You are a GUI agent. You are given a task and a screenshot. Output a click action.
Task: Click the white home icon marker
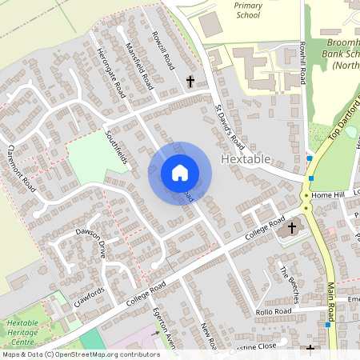pyautogui.click(x=180, y=172)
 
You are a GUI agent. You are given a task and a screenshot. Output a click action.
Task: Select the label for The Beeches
pyautogui.click(x=288, y=284)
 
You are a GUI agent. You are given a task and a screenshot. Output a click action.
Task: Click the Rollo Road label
pyautogui.click(x=274, y=311)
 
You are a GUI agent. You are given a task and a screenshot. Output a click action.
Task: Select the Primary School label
pyautogui.click(x=247, y=10)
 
